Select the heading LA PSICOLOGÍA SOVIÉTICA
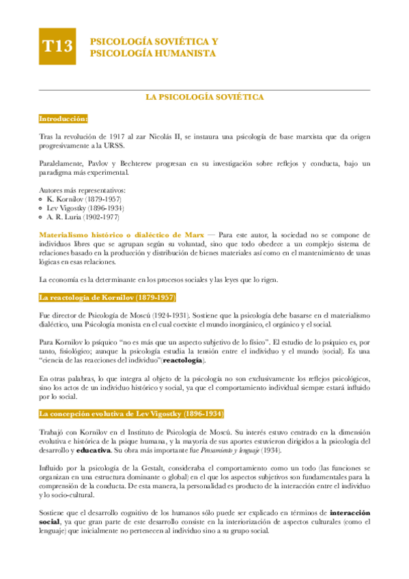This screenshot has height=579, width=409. point(205,98)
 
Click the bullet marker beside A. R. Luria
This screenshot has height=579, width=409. point(42,217)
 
